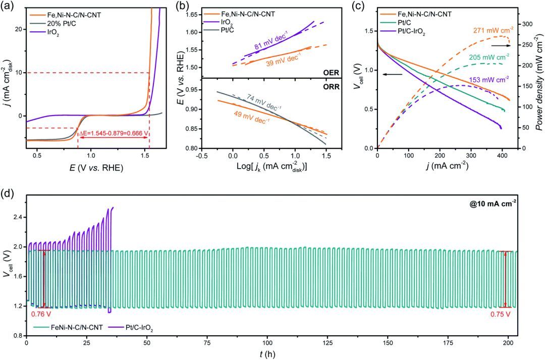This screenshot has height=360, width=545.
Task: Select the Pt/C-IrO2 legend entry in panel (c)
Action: pos(418,33)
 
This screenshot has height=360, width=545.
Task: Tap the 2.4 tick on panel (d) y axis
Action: pos(16,218)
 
